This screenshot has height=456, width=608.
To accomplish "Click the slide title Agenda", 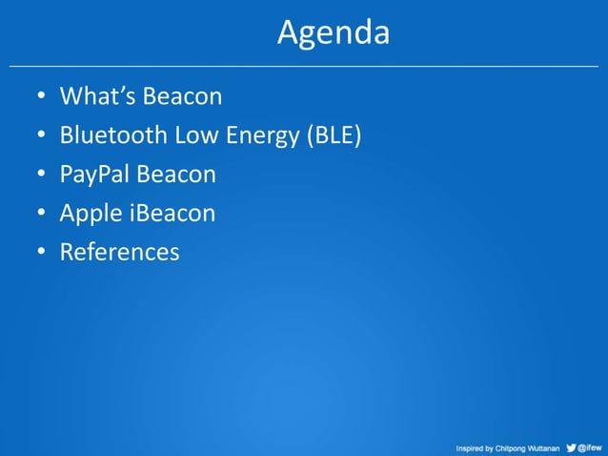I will [334, 33].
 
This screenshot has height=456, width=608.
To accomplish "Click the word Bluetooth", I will [112, 136].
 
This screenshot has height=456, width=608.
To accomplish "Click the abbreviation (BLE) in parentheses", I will [333, 136].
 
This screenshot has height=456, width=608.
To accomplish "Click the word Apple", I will [91, 214].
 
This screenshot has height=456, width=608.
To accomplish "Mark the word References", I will [119, 253].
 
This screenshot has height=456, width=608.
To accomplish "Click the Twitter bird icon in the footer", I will [571, 446].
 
